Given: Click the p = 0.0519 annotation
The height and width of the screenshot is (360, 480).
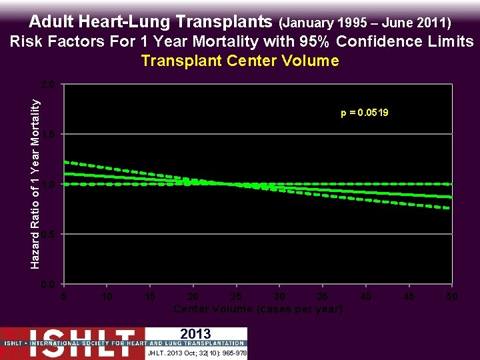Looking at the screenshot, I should pos(364,113).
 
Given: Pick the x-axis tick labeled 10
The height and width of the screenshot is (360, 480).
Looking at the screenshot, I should pos(106,296).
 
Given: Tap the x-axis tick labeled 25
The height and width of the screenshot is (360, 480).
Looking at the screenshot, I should pos(236,296).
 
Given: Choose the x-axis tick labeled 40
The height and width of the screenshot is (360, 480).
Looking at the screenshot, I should pos(366,296).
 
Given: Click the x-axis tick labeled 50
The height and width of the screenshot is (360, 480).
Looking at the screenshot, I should pos(452,296).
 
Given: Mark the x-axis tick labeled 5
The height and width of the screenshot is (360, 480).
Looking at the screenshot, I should pos(63,296).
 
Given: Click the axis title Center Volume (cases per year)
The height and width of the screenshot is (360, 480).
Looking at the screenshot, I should pos(258,309).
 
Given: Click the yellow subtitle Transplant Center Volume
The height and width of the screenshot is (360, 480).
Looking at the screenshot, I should pos(240,61).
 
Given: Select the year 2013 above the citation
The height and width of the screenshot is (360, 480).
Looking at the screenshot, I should pos(195,334).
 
